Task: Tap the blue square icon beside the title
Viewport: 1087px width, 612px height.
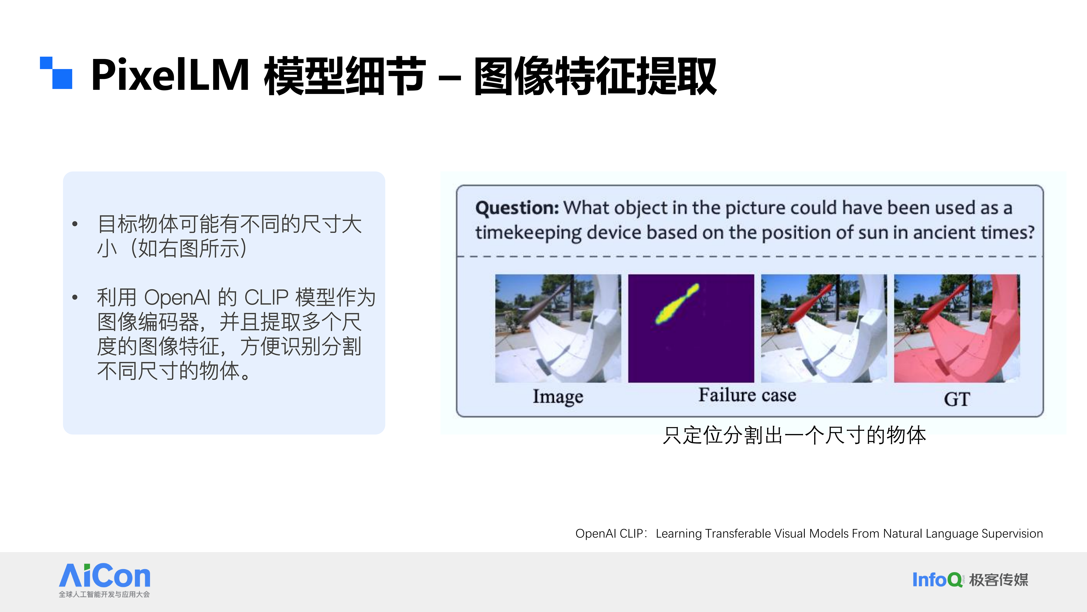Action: (56, 73)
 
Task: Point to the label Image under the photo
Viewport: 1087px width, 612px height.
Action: (558, 397)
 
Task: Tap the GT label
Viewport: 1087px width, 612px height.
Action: (957, 399)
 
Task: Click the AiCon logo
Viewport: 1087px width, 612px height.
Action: (105, 580)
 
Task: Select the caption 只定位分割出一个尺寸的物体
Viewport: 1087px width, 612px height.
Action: (794, 435)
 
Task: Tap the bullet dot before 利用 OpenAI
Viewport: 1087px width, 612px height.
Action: (75, 297)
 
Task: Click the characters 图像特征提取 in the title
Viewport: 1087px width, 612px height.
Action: (595, 76)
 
